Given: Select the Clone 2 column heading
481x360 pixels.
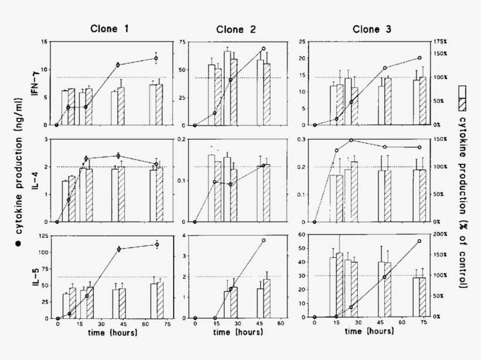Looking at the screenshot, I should point(232,30).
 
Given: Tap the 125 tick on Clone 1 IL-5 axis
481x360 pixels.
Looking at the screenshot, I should point(43,236).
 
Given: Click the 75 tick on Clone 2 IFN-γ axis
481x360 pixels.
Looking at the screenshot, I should point(183,42).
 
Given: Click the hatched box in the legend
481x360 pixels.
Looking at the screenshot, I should point(462,104).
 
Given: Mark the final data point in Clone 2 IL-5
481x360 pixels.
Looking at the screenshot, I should point(264,240).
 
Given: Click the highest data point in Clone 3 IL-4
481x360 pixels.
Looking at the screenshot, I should point(351,140).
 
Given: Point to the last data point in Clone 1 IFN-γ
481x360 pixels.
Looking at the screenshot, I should point(156,58).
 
